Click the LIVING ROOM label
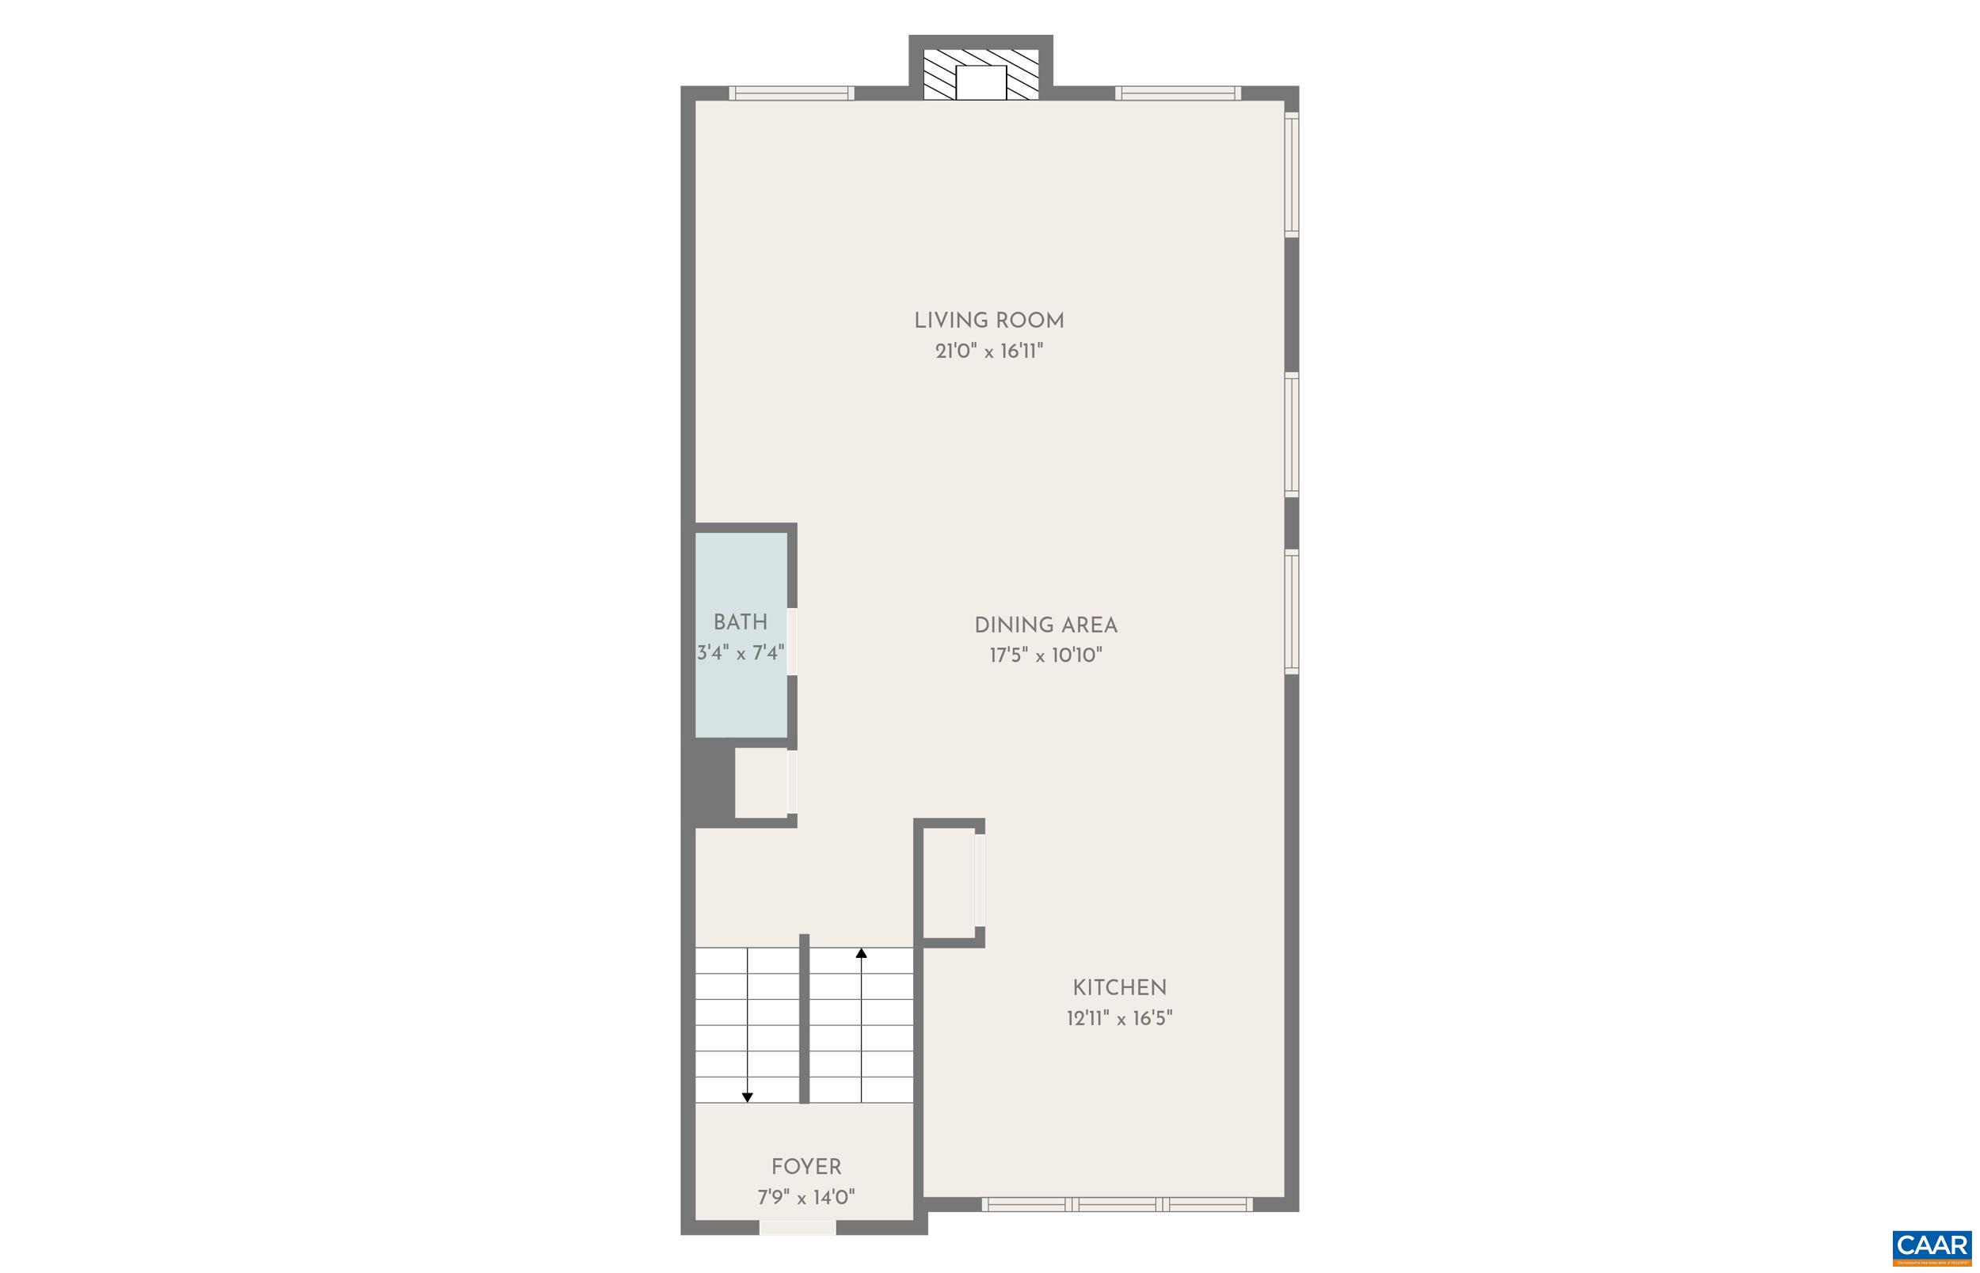click(x=988, y=321)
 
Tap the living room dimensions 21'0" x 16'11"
click(x=988, y=352)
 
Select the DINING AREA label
click(x=1045, y=625)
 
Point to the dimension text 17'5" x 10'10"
click(x=1045, y=656)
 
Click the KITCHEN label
click(x=1119, y=988)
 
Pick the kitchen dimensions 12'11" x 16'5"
click(x=1119, y=1018)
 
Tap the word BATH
click(x=740, y=622)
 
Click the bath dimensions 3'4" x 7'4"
click(x=740, y=654)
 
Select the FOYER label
click(x=806, y=1167)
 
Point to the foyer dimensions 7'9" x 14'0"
click(x=806, y=1198)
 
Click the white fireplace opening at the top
click(x=980, y=82)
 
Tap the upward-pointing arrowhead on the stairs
click(x=861, y=953)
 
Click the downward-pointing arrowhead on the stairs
click(x=748, y=1098)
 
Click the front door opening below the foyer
click(x=797, y=1228)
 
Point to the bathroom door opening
click(x=792, y=641)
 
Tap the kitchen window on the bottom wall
click(x=1117, y=1204)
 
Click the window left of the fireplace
click(x=791, y=93)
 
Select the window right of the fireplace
click(x=1178, y=93)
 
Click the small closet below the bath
click(x=760, y=783)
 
